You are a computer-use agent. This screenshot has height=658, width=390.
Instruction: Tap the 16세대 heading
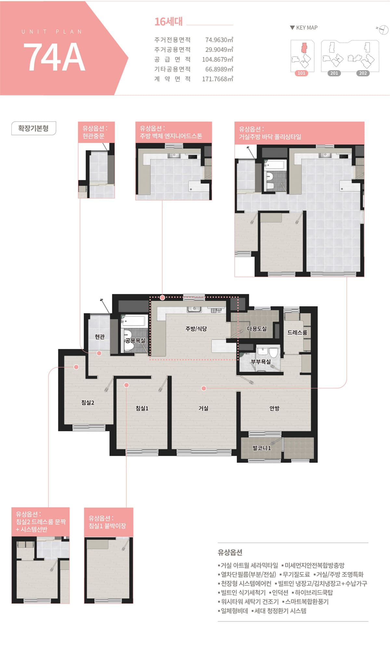click(168, 21)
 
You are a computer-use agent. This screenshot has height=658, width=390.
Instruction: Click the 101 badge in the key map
click(302, 73)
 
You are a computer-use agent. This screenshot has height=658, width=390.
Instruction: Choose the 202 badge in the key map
click(363, 73)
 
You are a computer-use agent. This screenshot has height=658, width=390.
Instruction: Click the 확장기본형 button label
click(33, 128)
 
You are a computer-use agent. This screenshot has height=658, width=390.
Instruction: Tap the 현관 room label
click(100, 337)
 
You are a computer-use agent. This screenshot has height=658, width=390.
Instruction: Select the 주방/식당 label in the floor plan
click(196, 329)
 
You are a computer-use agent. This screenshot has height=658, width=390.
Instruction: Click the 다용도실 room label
click(257, 329)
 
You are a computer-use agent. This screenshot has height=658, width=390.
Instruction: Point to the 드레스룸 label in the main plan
click(297, 332)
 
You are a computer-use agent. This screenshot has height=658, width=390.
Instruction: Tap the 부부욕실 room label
click(261, 361)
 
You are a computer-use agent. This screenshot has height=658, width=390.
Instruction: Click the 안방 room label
click(274, 408)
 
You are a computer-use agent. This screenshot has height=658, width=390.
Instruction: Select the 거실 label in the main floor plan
click(203, 408)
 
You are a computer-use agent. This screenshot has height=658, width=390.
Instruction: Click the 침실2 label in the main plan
click(88, 403)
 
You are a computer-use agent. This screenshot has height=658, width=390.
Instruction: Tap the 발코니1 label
click(262, 448)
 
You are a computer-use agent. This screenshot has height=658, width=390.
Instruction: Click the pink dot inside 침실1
click(126, 385)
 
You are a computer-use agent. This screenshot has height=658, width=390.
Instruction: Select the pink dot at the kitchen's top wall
click(162, 297)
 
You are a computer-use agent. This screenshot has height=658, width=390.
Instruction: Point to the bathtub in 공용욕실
click(134, 321)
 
